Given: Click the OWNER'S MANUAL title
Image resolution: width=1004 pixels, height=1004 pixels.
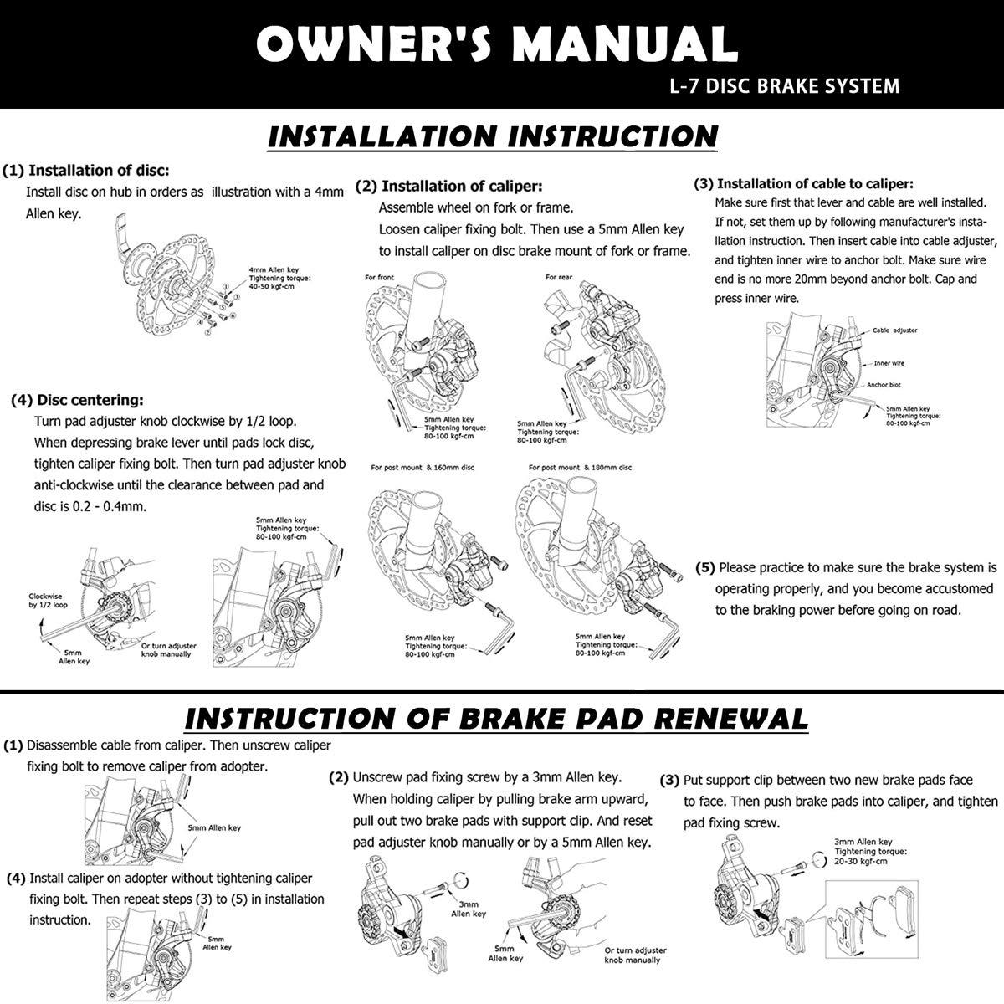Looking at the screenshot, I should [x=497, y=43].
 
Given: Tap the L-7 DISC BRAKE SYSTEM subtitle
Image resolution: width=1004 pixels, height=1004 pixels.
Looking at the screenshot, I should [x=784, y=85].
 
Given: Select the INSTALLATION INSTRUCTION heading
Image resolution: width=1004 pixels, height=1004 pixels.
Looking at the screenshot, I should [x=493, y=136].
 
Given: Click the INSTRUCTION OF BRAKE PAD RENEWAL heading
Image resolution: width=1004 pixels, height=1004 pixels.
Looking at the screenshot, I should [x=496, y=718].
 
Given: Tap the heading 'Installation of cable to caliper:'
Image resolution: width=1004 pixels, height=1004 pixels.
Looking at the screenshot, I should [x=804, y=183].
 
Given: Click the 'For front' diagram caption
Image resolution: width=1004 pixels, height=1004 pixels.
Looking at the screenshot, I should [x=379, y=277].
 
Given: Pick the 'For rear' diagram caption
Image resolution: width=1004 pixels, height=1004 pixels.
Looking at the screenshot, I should [x=559, y=277].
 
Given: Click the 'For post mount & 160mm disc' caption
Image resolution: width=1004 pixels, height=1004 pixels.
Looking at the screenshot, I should [x=422, y=467].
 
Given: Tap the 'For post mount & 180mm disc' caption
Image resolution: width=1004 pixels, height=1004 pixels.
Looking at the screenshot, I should [x=580, y=467].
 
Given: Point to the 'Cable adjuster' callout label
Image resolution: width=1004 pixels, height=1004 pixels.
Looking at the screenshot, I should [x=894, y=330].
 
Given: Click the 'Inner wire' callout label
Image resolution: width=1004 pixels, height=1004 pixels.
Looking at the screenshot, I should [x=889, y=363].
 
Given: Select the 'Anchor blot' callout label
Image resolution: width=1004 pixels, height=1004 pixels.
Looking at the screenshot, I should [x=884, y=385].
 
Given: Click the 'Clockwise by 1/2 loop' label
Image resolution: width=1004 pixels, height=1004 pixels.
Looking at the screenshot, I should [x=48, y=601].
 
